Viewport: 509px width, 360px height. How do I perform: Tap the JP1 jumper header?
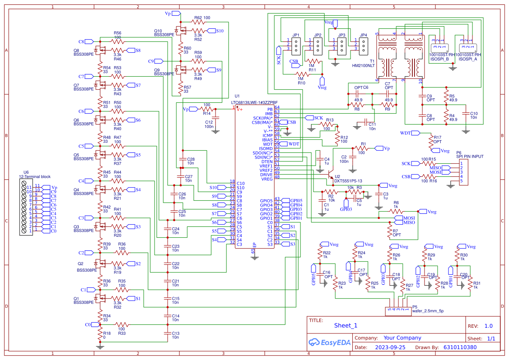pyautogui.click(x=295, y=44)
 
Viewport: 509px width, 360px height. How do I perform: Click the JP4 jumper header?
pyautogui.click(x=363, y=44)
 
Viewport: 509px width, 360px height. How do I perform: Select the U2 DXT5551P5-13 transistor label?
pyautogui.click(x=348, y=181)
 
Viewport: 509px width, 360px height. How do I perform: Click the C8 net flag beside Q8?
pyautogui.click(x=89, y=42)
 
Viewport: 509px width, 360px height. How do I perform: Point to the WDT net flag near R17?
pyautogui.click(x=415, y=133)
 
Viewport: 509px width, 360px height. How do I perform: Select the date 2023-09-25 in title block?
pyautogui.click(x=390, y=347)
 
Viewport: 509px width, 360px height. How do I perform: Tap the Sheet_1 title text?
pyautogui.click(x=346, y=325)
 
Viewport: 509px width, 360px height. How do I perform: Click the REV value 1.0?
pyautogui.click(x=489, y=326)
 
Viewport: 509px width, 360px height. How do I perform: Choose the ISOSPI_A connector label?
pyautogui.click(x=468, y=59)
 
